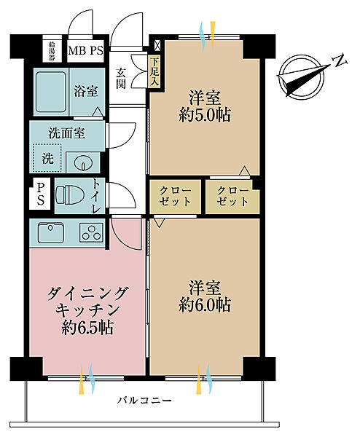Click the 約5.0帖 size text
coord(206,116)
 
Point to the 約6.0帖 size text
coord(206,304)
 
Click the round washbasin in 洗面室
coord(81,162)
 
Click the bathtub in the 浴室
coord(50,92)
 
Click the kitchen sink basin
coord(50,233)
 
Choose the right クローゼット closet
coord(231,196)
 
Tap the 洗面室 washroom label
coord(67,134)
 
